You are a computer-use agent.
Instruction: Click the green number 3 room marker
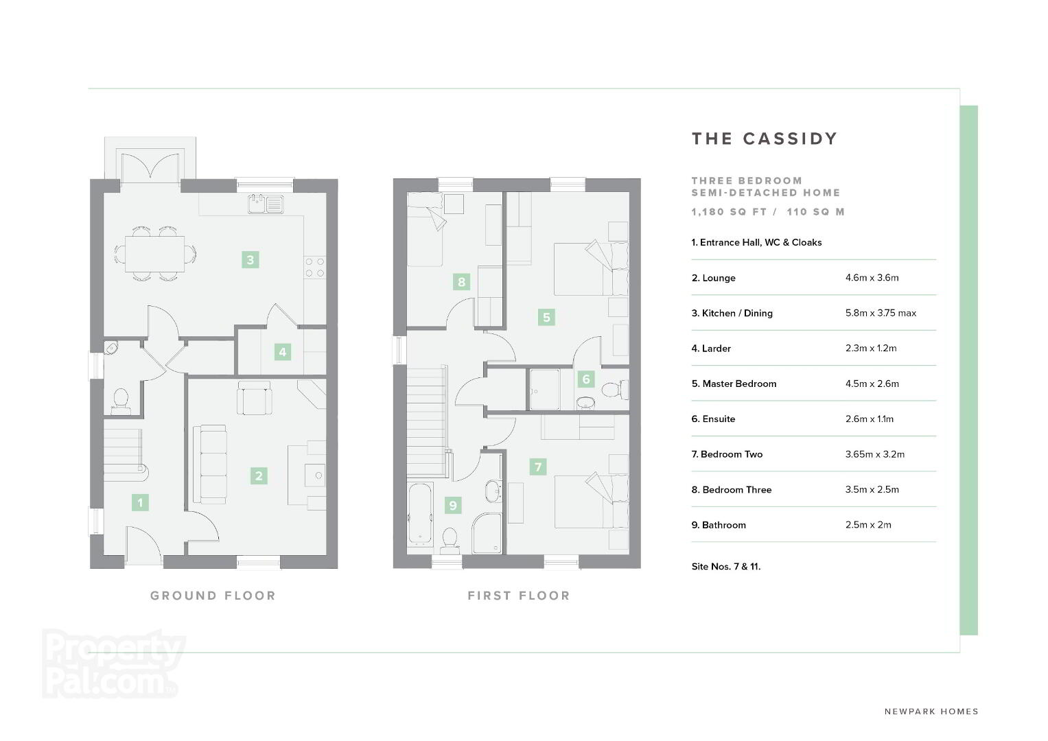251,259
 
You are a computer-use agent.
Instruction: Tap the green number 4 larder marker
283,352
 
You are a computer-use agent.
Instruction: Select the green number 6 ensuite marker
586,379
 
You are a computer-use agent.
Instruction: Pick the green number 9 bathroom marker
453,505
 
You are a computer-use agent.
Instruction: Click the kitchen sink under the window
266,204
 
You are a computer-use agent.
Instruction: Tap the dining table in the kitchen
154,254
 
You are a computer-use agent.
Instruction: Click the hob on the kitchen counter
315,268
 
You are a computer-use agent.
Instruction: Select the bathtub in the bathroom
420,514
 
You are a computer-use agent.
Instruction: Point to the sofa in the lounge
210,464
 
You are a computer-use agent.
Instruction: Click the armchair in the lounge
255,398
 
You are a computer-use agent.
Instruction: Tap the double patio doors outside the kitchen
150,165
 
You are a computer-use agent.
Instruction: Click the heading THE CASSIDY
765,139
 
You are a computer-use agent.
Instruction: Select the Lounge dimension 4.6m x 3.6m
872,277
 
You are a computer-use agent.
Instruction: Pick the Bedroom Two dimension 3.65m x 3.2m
875,454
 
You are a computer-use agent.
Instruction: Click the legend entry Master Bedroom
734,384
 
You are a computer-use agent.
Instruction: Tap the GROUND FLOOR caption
213,596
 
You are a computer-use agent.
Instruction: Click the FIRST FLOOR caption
519,596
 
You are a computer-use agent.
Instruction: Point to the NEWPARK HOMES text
931,711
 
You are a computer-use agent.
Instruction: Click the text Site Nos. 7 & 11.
726,567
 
